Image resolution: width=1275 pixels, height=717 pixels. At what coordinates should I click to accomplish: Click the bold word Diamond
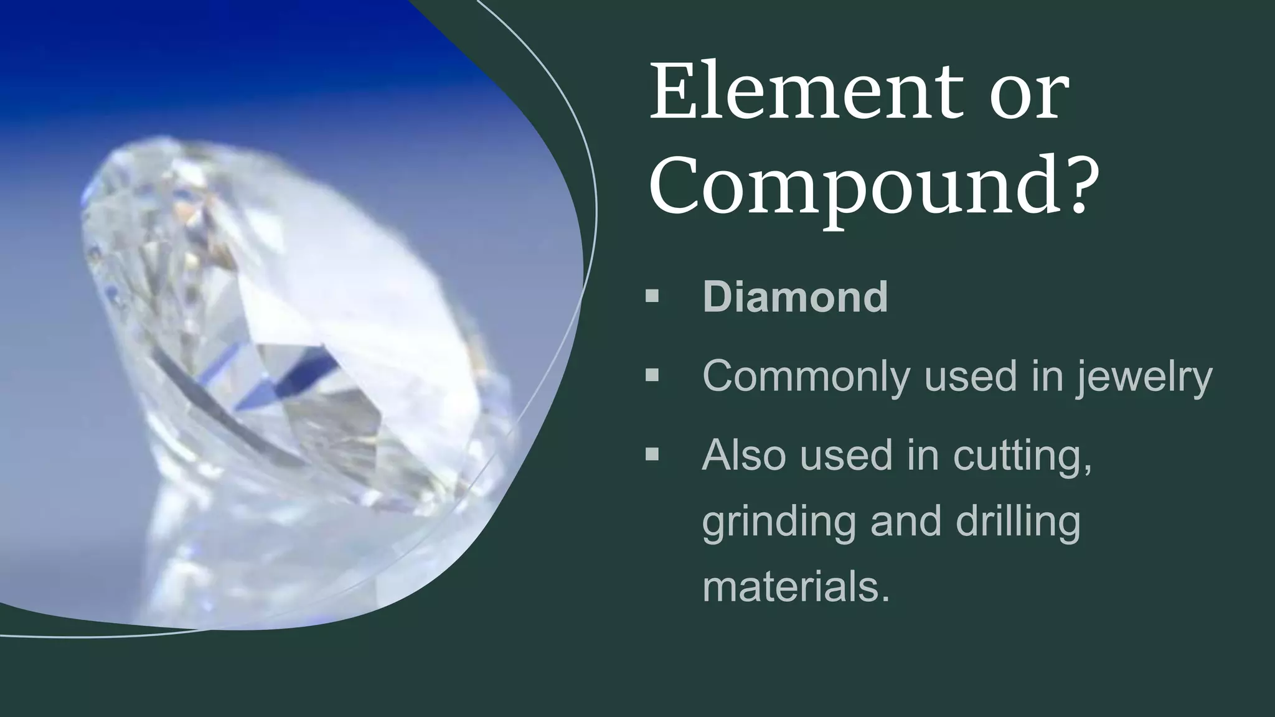pyautogui.click(x=795, y=297)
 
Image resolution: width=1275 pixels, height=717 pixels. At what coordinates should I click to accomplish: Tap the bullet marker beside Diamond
pyautogui.click(x=652, y=296)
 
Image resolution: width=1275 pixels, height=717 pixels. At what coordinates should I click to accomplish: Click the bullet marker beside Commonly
pyautogui.click(x=652, y=375)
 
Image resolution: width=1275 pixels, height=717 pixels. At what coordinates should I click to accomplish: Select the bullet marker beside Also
pyautogui.click(x=652, y=454)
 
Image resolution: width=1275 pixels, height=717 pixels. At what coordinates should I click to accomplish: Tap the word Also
pyautogui.click(x=743, y=455)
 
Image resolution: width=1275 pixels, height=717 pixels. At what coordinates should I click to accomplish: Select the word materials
pyautogui.click(x=795, y=588)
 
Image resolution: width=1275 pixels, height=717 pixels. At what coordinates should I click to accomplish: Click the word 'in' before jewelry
pyautogui.click(x=1047, y=376)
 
